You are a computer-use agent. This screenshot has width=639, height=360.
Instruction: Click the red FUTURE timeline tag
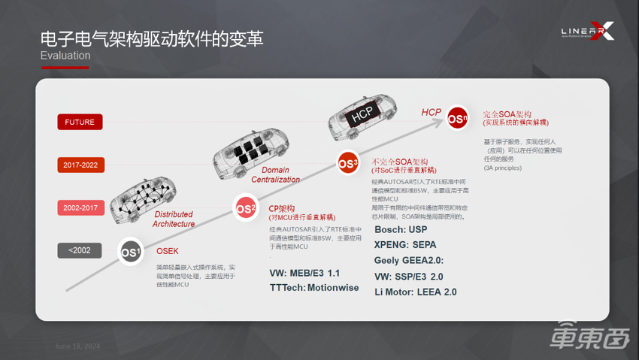[79, 122]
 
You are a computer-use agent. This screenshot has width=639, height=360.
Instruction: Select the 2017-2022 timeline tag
[79, 165]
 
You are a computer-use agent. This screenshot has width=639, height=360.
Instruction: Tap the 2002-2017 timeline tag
[79, 207]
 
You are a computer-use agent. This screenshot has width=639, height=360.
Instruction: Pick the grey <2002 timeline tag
[79, 250]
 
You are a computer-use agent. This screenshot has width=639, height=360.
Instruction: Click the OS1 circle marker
[130, 253]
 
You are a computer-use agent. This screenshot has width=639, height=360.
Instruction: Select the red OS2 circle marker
[246, 209]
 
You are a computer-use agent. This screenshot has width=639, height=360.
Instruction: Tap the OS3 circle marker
[347, 162]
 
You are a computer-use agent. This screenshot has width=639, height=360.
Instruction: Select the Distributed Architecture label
[174, 219]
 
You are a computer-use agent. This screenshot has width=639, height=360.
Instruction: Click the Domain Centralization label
[275, 175]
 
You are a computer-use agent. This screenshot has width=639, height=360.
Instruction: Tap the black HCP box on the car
[362, 116]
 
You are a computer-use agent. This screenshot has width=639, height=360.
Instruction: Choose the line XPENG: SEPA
[405, 244]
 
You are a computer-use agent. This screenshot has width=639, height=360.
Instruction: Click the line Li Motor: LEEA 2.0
[415, 292]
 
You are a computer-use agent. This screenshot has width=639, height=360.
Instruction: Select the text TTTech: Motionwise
[314, 288]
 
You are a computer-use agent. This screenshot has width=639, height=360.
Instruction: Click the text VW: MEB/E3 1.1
[304, 273]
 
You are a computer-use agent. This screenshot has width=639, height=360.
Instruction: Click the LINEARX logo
[587, 32]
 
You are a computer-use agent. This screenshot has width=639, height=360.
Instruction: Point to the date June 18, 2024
[77, 346]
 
